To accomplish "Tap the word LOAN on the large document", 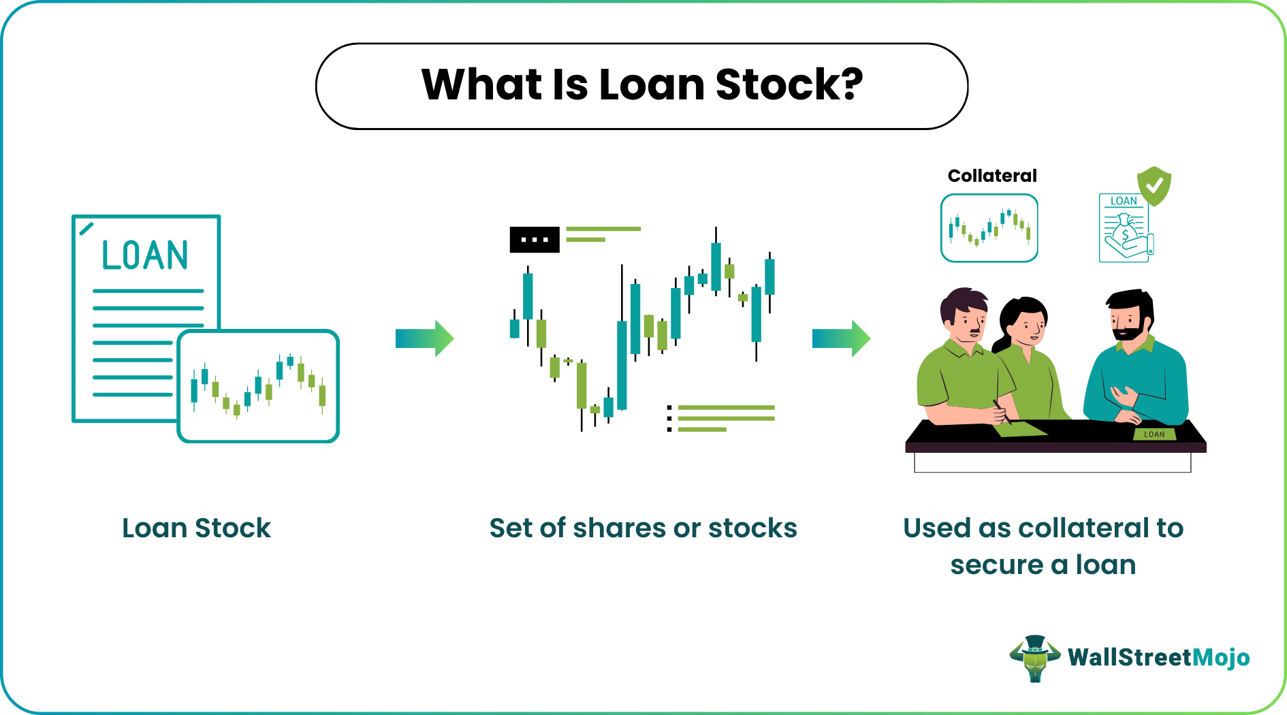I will [144, 255].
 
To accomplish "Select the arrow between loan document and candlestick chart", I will [424, 338].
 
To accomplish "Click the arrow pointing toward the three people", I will [841, 338].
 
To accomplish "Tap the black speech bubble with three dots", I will [535, 240].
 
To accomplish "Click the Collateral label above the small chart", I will [991, 176].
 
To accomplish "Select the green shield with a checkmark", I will [1154, 185].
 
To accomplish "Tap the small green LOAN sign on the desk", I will [1154, 434].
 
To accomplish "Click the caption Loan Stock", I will [196, 528].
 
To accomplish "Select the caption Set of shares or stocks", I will [643, 528].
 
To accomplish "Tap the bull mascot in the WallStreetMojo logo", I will [1035, 658].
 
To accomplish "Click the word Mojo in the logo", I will [1222, 657].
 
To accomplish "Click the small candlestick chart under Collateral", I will [989, 228].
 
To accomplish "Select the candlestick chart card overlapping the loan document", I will [258, 386].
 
